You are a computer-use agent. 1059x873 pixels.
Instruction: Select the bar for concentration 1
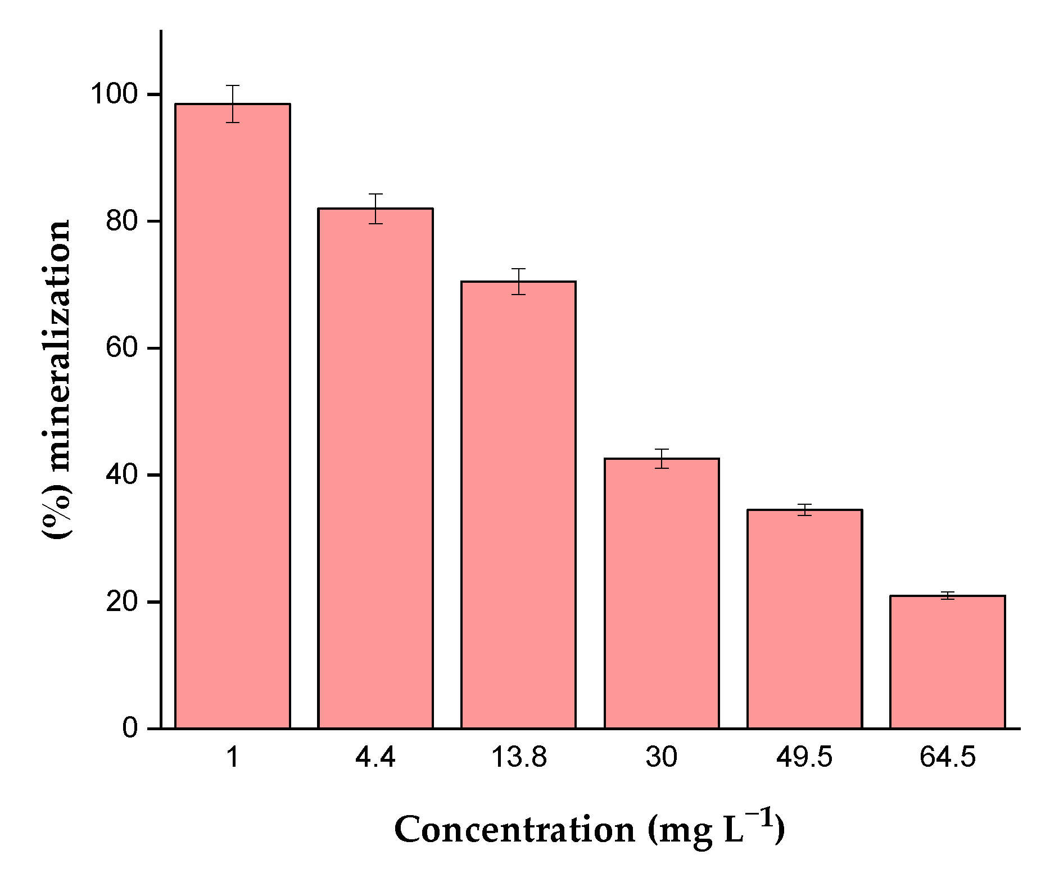click(232, 416)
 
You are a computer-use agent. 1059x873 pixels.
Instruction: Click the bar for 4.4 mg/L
click(375, 468)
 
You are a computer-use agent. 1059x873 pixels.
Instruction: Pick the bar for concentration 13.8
click(518, 504)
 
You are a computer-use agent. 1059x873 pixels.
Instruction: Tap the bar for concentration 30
click(661, 593)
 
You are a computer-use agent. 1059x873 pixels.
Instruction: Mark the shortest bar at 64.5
click(947, 662)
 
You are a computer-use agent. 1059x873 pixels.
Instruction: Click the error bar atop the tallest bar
click(233, 103)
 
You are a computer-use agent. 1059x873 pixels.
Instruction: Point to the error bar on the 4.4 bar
click(375, 209)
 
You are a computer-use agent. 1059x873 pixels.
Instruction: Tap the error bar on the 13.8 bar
click(518, 281)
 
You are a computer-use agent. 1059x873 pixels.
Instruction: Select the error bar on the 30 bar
click(662, 459)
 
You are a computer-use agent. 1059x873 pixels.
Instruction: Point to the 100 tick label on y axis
click(114, 94)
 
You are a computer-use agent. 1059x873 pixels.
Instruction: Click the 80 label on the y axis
click(121, 221)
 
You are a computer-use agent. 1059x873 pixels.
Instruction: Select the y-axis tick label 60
click(121, 348)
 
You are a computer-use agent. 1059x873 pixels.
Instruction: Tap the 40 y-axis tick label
click(121, 475)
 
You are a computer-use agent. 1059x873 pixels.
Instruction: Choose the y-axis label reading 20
click(121, 602)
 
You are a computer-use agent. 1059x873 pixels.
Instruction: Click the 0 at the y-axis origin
click(130, 729)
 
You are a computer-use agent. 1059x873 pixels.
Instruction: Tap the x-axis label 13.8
click(518, 758)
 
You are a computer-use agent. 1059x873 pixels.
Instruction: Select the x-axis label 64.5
click(948, 758)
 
